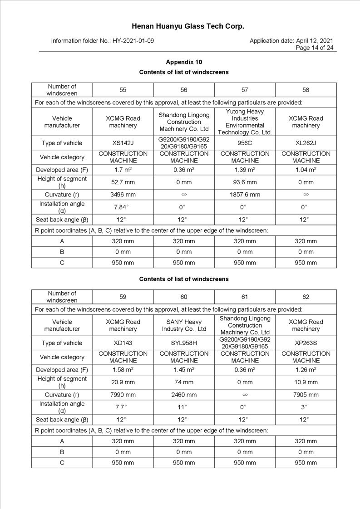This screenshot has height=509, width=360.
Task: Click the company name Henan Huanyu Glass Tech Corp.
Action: [188, 26]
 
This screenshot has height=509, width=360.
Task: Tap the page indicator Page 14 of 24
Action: [315, 48]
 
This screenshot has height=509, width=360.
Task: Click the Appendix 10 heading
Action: [184, 62]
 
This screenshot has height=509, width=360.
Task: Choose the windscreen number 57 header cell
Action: [245, 90]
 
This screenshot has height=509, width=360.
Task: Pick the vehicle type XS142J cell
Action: [123, 143]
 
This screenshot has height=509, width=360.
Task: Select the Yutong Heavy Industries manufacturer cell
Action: [245, 122]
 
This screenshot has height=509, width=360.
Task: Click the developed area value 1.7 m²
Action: [123, 170]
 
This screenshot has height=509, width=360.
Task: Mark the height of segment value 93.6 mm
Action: [245, 182]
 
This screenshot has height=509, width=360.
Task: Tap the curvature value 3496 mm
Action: [123, 195]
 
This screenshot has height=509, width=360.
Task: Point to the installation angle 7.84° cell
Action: [123, 207]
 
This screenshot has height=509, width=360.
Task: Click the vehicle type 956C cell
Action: [245, 143]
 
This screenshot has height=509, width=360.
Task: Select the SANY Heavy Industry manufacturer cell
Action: [184, 325]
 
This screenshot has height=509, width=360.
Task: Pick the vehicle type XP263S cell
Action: [306, 343]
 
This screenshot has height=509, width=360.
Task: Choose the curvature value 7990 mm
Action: [123, 395]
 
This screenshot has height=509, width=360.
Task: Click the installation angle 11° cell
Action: [184, 407]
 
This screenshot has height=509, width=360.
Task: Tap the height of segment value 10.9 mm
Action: [306, 382]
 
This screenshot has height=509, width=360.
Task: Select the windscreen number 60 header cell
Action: [184, 297]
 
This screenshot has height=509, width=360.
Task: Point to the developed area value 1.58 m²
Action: [123, 370]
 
